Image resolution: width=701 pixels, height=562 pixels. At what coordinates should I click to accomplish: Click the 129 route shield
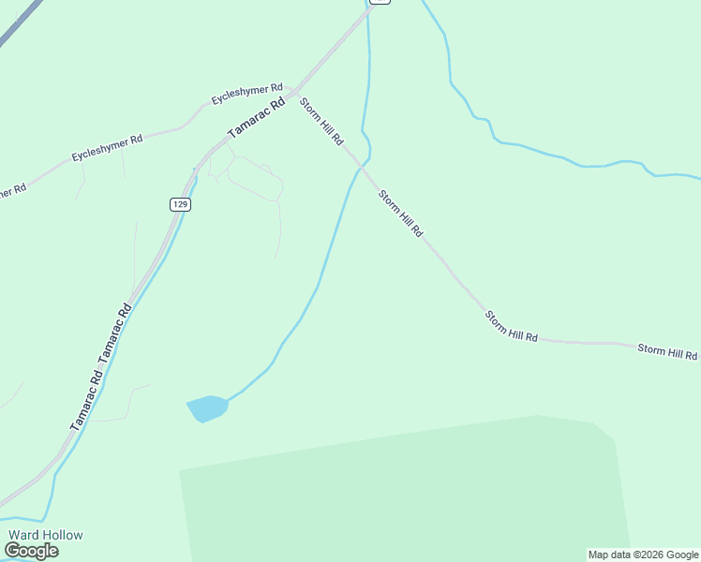tap(181, 204)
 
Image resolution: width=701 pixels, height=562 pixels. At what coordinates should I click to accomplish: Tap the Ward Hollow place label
tap(46, 535)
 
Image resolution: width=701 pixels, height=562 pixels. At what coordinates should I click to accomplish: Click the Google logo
tap(31, 551)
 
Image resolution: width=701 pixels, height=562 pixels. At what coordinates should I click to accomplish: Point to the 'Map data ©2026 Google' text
tap(643, 555)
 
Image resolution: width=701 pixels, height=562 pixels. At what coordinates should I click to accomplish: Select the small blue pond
tap(208, 408)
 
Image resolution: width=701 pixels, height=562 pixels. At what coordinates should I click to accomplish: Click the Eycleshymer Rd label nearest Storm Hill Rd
tap(246, 94)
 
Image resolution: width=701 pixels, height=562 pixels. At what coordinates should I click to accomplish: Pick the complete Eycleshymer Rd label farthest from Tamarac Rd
tap(108, 146)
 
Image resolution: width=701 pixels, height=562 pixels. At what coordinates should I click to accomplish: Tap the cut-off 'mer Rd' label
tap(12, 190)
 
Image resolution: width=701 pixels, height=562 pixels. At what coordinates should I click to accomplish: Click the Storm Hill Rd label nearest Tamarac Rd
tap(321, 122)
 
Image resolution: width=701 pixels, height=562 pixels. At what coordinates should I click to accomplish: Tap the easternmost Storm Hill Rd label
tap(667, 352)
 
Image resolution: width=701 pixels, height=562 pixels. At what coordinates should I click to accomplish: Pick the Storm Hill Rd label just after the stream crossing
tap(401, 213)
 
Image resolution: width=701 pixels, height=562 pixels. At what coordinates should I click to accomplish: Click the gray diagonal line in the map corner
tap(19, 22)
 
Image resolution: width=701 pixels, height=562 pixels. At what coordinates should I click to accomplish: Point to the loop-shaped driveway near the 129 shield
tap(254, 178)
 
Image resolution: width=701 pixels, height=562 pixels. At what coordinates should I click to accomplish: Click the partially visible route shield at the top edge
tap(379, 2)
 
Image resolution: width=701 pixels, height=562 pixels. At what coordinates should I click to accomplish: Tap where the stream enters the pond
tap(228, 399)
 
